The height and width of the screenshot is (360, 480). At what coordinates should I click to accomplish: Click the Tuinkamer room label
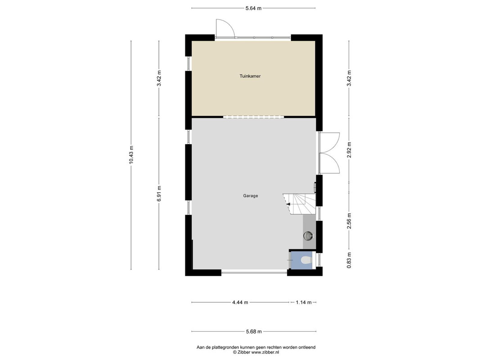pos(250,76)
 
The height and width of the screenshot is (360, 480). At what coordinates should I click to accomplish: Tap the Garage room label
pos(251,196)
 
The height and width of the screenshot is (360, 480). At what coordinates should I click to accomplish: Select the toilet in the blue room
pos(306,261)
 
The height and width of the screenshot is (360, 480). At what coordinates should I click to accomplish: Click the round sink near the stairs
pos(308,236)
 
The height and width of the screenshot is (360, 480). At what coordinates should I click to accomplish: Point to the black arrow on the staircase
pos(288,204)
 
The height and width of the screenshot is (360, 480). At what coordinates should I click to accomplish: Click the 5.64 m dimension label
pos(253,8)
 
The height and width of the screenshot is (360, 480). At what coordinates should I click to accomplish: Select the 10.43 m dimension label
pos(131,155)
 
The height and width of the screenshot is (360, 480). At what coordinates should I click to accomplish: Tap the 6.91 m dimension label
pos(159,194)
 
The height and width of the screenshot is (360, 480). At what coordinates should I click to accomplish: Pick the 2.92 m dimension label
pos(349,149)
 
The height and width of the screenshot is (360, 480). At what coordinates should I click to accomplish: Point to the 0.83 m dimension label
pos(349,260)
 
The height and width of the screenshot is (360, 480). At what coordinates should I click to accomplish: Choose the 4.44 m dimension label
pos(240,302)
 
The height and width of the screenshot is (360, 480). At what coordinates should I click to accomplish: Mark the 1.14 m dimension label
pos(303,302)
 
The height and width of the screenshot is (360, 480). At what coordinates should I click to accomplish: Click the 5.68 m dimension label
pos(254,331)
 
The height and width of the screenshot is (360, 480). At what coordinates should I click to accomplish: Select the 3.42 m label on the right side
pos(349,78)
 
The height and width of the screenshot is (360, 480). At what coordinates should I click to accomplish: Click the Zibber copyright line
pos(256,352)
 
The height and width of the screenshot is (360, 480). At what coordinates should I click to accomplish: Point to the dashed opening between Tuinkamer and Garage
pos(253,117)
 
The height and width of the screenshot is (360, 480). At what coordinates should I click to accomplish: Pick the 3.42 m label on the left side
pos(159,78)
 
